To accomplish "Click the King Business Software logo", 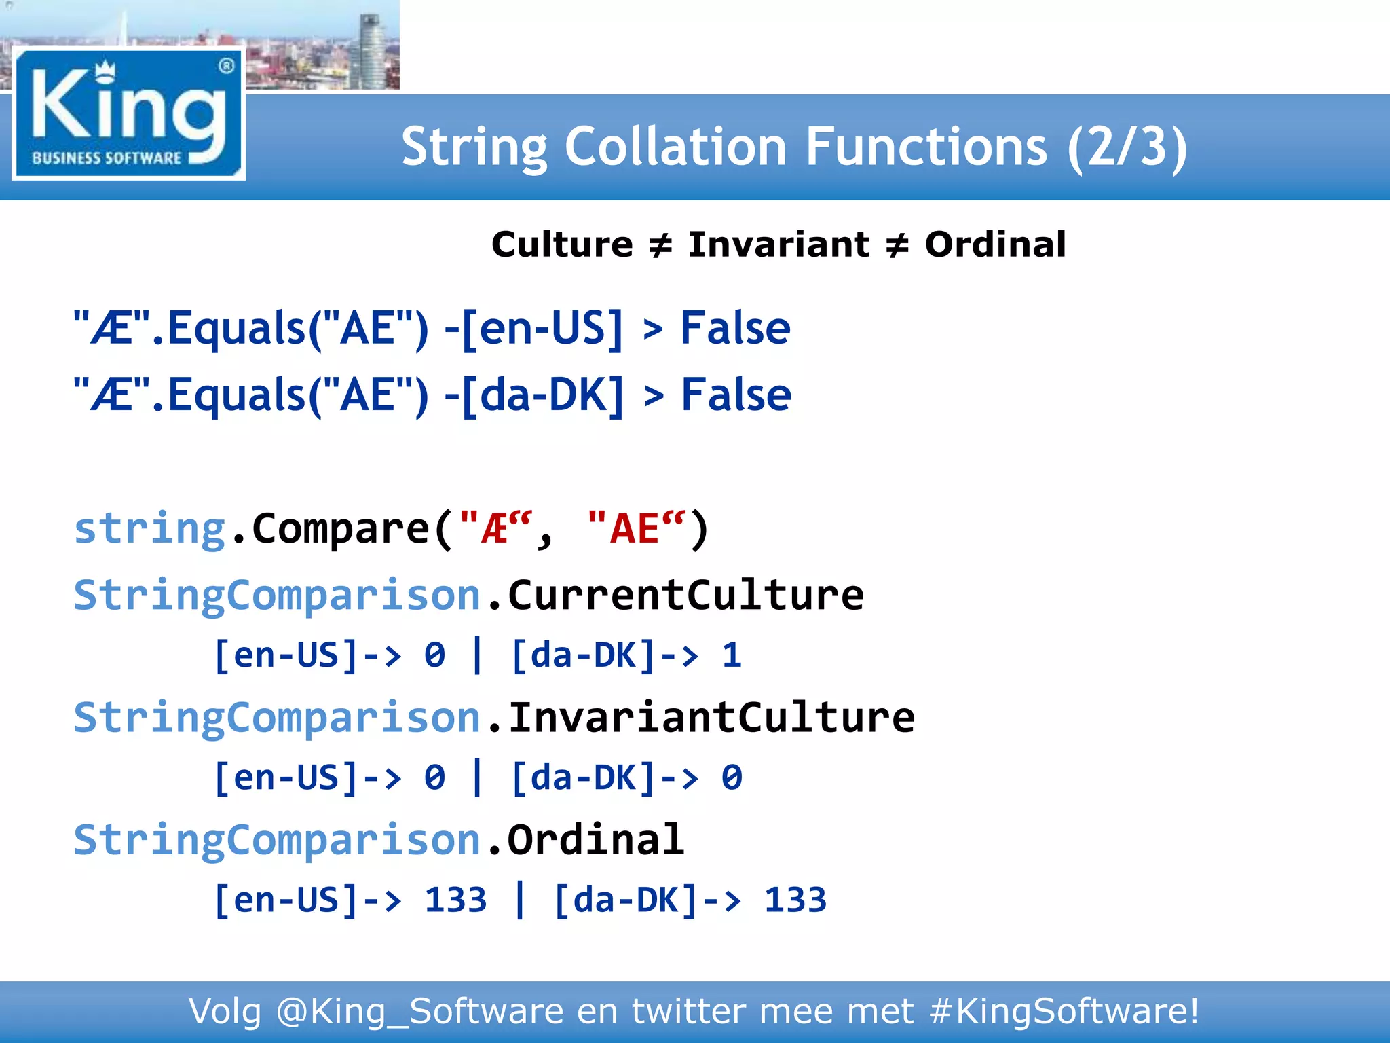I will (x=129, y=114).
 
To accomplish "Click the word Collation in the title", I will (x=675, y=147).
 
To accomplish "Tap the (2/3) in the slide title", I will (x=1127, y=147).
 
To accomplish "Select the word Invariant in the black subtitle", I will (x=778, y=244).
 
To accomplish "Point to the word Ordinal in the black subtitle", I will (x=995, y=244).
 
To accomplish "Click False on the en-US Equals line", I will (x=735, y=329).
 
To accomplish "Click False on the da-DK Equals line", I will (x=736, y=395).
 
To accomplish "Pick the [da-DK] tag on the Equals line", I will (x=542, y=395).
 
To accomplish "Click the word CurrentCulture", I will (x=685, y=596).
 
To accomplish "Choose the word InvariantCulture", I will (x=711, y=718).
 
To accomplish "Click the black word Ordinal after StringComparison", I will (x=595, y=840).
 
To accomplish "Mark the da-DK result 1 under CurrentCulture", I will (x=732, y=656).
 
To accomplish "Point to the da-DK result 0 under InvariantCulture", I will (x=732, y=778).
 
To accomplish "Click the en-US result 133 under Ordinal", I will (x=455, y=900).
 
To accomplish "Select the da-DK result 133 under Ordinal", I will (x=795, y=900).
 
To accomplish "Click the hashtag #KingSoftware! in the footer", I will (x=1064, y=1012).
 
